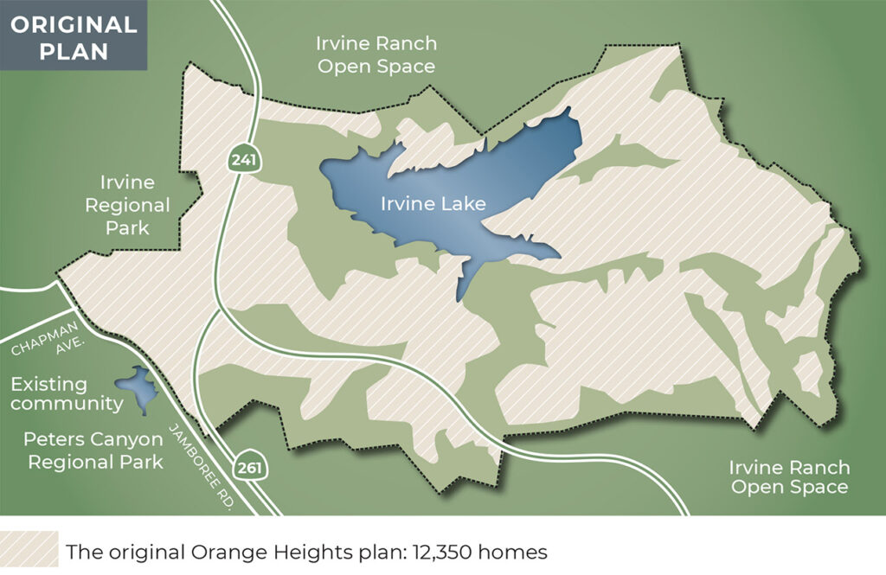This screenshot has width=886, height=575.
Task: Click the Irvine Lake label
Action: [433, 205]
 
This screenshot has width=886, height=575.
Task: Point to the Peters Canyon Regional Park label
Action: [95, 450]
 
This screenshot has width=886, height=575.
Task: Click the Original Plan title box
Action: [73, 37]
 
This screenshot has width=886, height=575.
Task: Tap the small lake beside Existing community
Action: [136, 387]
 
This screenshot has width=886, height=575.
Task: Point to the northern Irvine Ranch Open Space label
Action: [376, 54]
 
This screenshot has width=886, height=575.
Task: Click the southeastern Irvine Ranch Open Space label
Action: [788, 477]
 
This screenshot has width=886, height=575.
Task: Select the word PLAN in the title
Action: [73, 51]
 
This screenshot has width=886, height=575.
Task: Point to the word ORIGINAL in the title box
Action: [73, 24]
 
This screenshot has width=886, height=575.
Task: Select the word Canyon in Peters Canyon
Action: [122, 440]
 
